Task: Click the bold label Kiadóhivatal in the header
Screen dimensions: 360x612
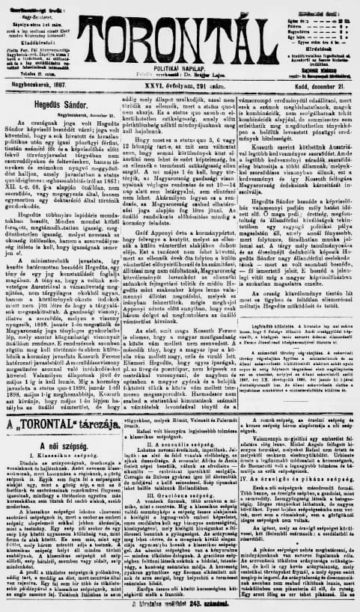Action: click(x=44, y=35)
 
